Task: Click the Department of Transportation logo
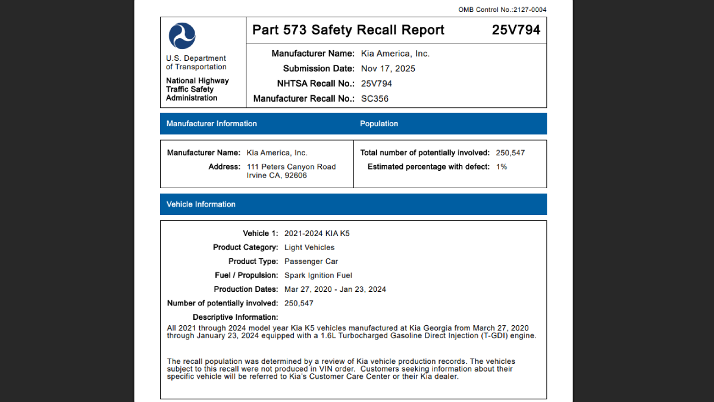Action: [181, 36]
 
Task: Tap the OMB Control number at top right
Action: [502, 10]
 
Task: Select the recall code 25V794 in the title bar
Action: [516, 30]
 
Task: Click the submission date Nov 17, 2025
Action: [388, 68]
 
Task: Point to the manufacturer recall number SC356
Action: [375, 98]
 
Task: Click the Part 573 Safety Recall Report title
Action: [348, 30]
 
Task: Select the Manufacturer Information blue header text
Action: [212, 124]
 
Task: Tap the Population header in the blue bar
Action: [379, 124]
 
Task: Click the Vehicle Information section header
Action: [201, 204]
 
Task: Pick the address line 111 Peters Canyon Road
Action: [291, 167]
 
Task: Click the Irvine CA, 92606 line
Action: [277, 176]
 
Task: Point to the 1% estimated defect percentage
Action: [502, 167]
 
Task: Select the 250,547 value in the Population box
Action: [511, 153]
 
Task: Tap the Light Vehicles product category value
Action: [309, 247]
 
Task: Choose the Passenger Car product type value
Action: [311, 261]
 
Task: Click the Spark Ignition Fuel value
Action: [318, 275]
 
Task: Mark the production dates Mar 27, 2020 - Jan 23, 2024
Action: [335, 289]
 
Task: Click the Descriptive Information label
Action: [235, 317]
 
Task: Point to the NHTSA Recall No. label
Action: [316, 83]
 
